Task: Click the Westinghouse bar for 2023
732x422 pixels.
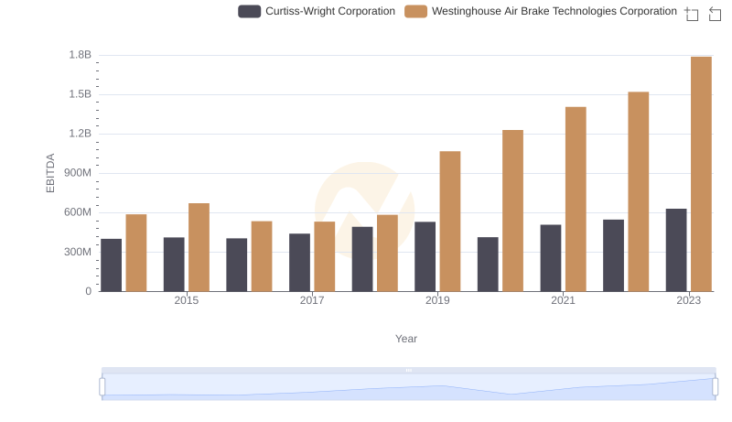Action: [x=701, y=174]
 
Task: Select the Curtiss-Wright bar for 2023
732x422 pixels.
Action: [x=676, y=250]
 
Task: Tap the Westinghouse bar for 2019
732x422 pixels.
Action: [x=449, y=222]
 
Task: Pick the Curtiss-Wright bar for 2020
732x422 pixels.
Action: [x=488, y=265]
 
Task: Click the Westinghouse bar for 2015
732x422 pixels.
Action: [x=199, y=247]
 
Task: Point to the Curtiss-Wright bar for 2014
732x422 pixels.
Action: [x=111, y=265]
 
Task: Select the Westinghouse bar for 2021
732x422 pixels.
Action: [x=576, y=200]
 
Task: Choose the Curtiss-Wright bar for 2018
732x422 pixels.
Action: [x=362, y=259]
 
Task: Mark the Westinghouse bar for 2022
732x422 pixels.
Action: [x=638, y=191]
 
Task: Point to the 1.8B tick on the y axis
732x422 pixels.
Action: [x=81, y=55]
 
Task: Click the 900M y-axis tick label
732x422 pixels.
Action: [x=77, y=173]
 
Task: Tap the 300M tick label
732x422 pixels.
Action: [x=77, y=252]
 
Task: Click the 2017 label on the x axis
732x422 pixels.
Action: [x=312, y=300]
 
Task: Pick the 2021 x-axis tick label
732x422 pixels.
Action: [x=563, y=300]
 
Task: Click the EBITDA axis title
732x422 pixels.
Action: [x=51, y=173]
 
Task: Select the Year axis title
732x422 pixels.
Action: [x=406, y=339]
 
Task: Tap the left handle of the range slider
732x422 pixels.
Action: [x=102, y=387]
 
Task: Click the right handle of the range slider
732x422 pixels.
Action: [x=715, y=387]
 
